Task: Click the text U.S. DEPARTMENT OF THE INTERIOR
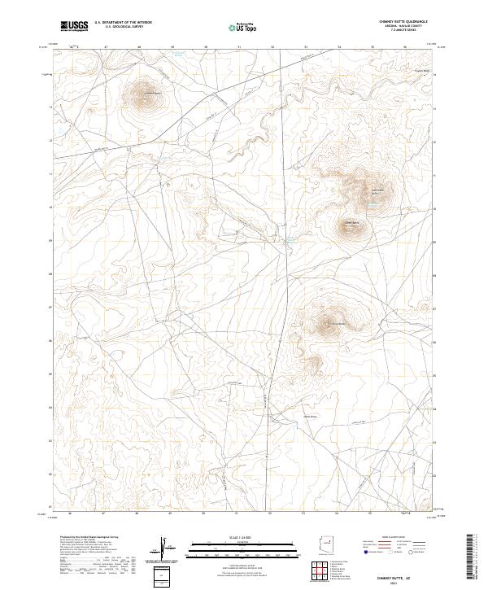(123, 23)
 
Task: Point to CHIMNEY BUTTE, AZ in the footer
(407, 572)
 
